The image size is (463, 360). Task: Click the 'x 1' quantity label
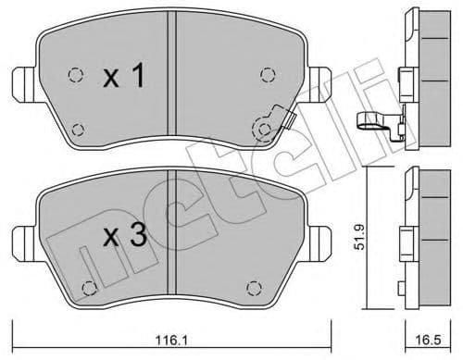click(x=124, y=79)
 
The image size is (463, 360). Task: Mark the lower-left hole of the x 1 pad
click(x=77, y=130)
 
